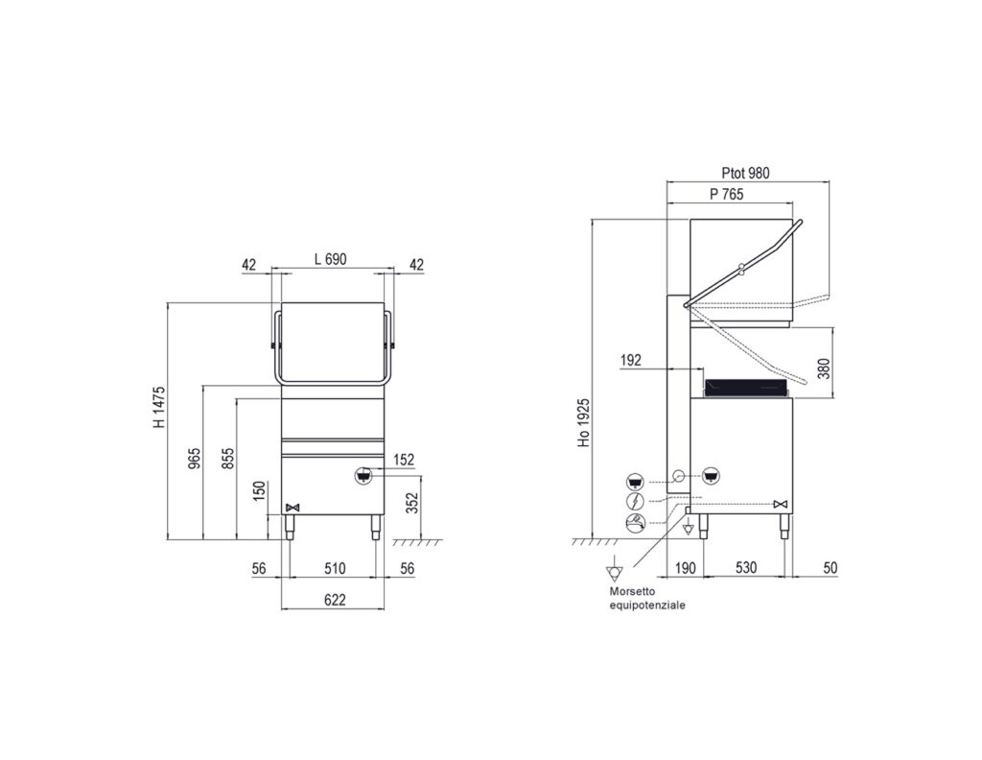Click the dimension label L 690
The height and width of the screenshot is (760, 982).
(330, 259)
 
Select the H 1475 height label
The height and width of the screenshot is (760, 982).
(160, 407)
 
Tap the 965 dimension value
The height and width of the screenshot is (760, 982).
(196, 460)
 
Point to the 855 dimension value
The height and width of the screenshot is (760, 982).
(228, 460)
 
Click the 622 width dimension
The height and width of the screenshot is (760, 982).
(335, 600)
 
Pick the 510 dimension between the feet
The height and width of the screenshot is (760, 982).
(335, 568)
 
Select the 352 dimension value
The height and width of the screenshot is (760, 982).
(411, 503)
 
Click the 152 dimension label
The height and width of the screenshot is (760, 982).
(404, 460)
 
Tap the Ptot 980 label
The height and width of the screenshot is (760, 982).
(745, 173)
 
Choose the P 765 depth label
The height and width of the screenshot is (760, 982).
(727, 194)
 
